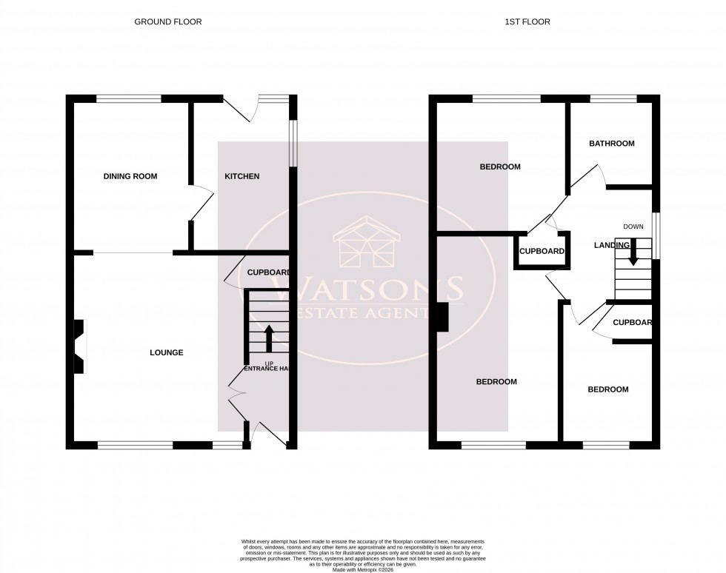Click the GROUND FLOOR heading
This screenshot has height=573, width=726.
point(167,22)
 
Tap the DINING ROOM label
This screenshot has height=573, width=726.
point(130,176)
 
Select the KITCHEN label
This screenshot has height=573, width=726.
point(242,176)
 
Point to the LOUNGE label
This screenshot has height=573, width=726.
point(167,352)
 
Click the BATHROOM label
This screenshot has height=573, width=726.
point(611,144)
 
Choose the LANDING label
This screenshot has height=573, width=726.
point(611,245)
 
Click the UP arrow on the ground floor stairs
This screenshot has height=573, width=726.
point(268,338)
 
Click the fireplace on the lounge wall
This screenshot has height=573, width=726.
point(79,346)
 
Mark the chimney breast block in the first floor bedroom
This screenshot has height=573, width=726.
point(442,318)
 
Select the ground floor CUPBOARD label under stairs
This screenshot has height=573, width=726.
point(267,272)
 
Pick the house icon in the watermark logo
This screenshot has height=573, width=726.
point(368,242)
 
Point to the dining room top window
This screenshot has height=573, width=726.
point(129,98)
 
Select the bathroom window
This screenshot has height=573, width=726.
point(613,98)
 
